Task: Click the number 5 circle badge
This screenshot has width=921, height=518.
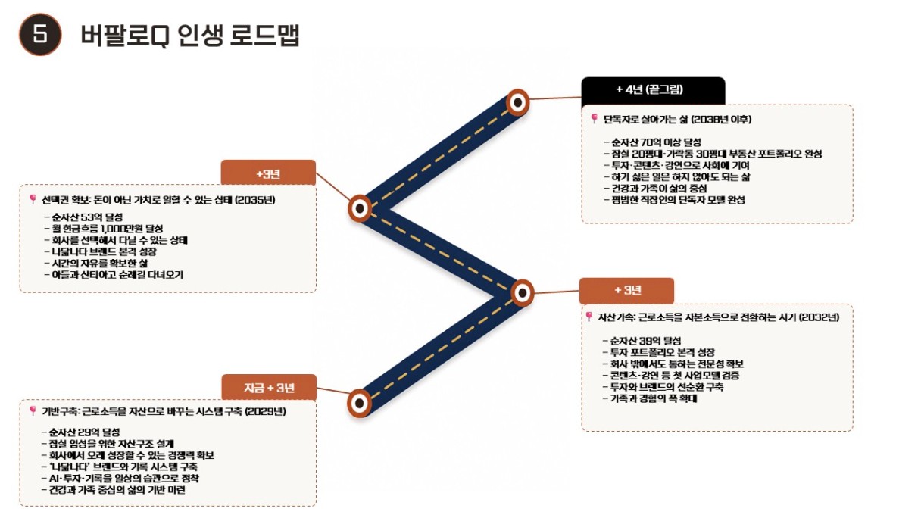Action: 40,34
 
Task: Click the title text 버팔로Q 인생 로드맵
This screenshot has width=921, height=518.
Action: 190,36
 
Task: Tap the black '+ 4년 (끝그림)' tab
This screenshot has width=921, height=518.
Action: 653,90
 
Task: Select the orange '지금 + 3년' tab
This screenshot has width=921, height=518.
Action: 269,387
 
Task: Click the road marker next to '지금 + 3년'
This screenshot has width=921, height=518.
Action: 359,404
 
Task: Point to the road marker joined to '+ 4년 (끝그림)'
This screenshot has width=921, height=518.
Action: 517,102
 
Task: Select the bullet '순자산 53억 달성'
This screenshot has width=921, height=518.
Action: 83,217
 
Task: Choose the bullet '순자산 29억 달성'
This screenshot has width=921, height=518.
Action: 80,432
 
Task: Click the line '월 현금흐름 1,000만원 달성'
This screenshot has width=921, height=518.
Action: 104,229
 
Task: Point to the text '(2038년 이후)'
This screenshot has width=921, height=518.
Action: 721,120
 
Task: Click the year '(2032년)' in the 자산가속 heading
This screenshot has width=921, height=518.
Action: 820,317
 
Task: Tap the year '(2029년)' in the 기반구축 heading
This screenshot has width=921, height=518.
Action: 266,411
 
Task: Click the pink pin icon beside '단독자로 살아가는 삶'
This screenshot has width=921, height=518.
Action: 594,119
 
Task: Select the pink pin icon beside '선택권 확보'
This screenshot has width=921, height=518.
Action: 33,199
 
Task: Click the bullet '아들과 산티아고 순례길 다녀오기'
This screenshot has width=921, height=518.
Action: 114,275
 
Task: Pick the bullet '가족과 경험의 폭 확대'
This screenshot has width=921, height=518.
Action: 650,398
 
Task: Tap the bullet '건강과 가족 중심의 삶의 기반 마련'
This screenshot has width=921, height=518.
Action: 114,490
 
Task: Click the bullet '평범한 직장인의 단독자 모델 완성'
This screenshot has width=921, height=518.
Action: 674,200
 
